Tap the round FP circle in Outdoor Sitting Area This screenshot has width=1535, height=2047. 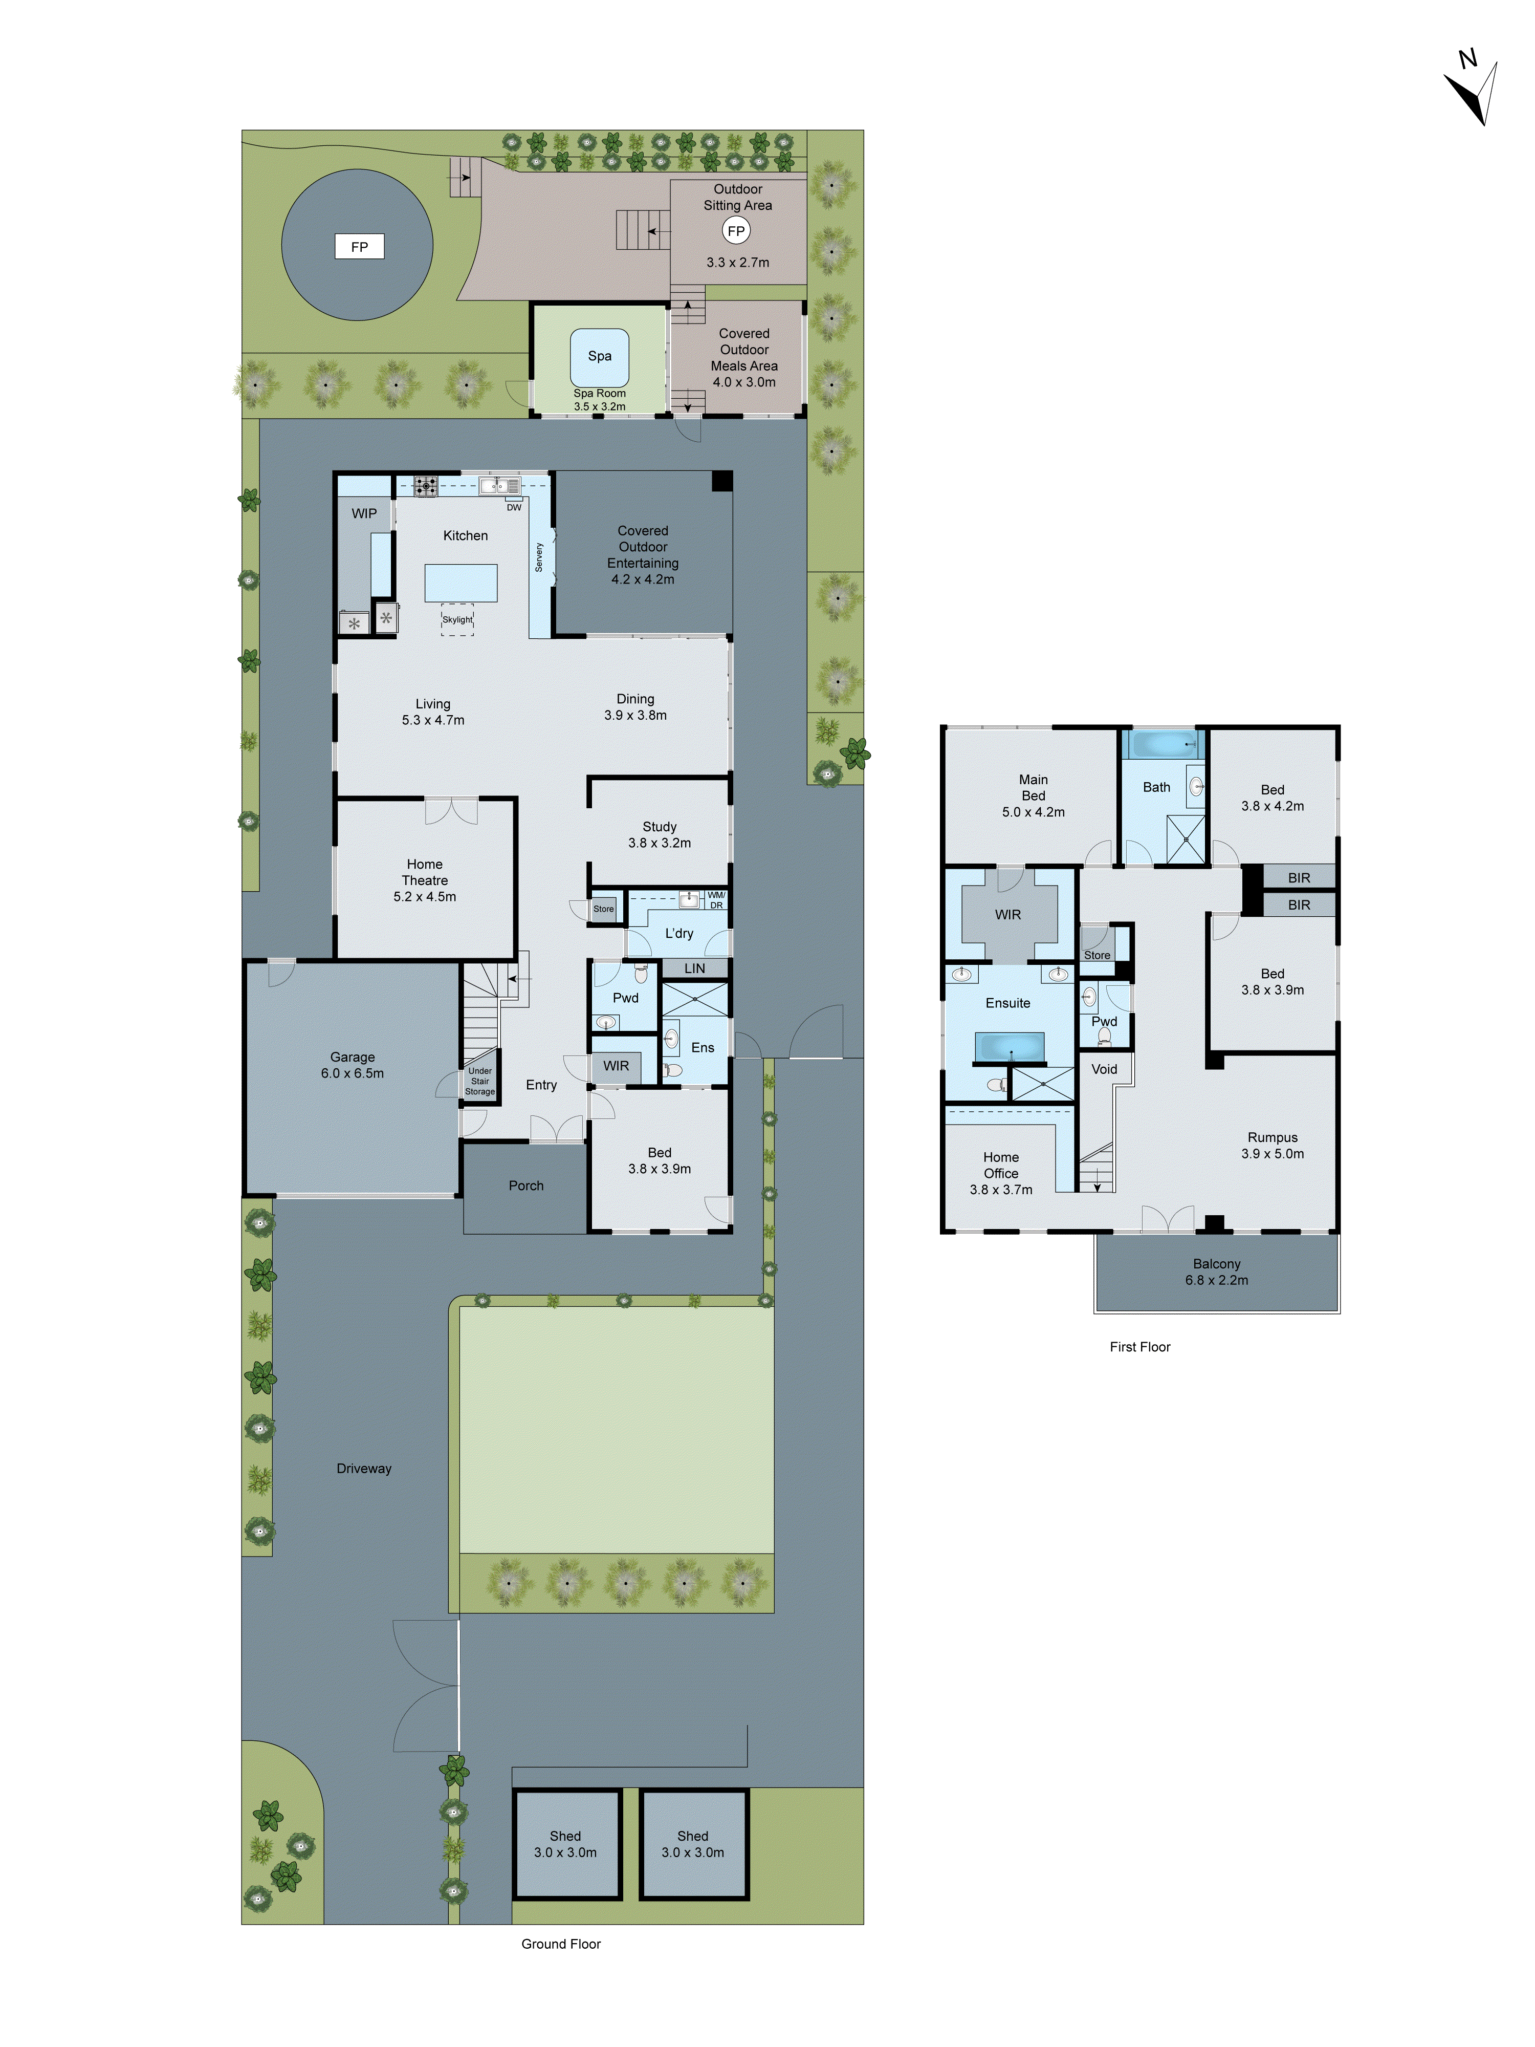click(736, 231)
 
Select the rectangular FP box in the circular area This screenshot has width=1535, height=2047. click(359, 247)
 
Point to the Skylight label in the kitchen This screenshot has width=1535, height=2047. click(457, 620)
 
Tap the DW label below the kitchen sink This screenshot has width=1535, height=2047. click(514, 507)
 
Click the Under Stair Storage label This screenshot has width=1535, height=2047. click(479, 1081)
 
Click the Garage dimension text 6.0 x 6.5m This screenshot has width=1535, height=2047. click(353, 1073)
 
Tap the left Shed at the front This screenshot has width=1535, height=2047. click(565, 1844)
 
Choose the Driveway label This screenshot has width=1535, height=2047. click(364, 1469)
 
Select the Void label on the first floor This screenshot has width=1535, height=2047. click(1104, 1069)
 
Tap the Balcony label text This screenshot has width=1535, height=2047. click(1216, 1264)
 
